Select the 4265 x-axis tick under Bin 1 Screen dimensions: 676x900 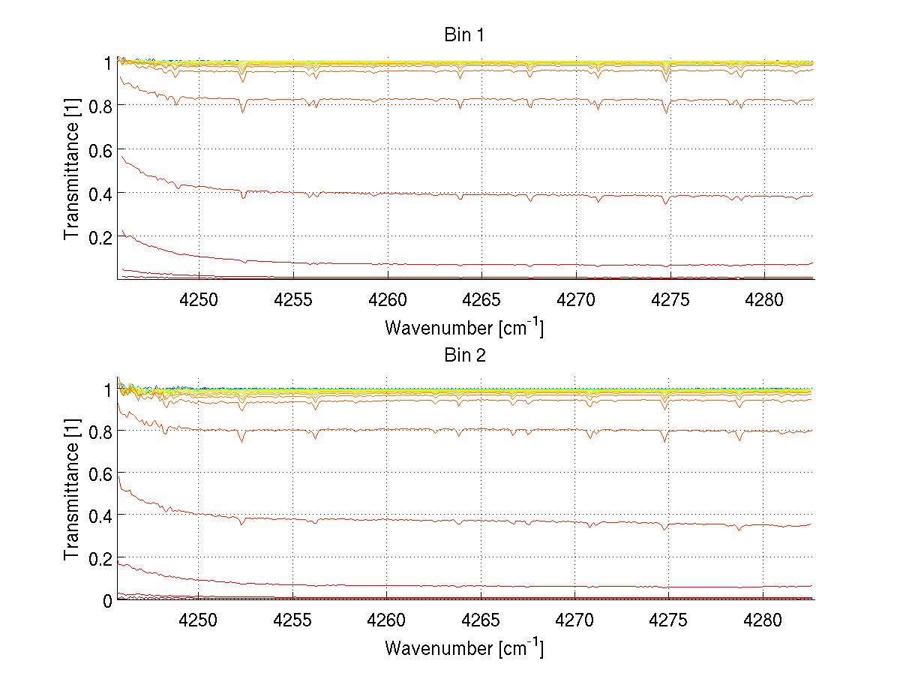coord(481,299)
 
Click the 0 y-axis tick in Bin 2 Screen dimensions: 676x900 coord(106,600)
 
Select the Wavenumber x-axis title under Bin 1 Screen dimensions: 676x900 coord(464,327)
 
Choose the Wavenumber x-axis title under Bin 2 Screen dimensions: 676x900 coord(464,647)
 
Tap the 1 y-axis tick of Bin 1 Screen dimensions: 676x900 coord(106,63)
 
